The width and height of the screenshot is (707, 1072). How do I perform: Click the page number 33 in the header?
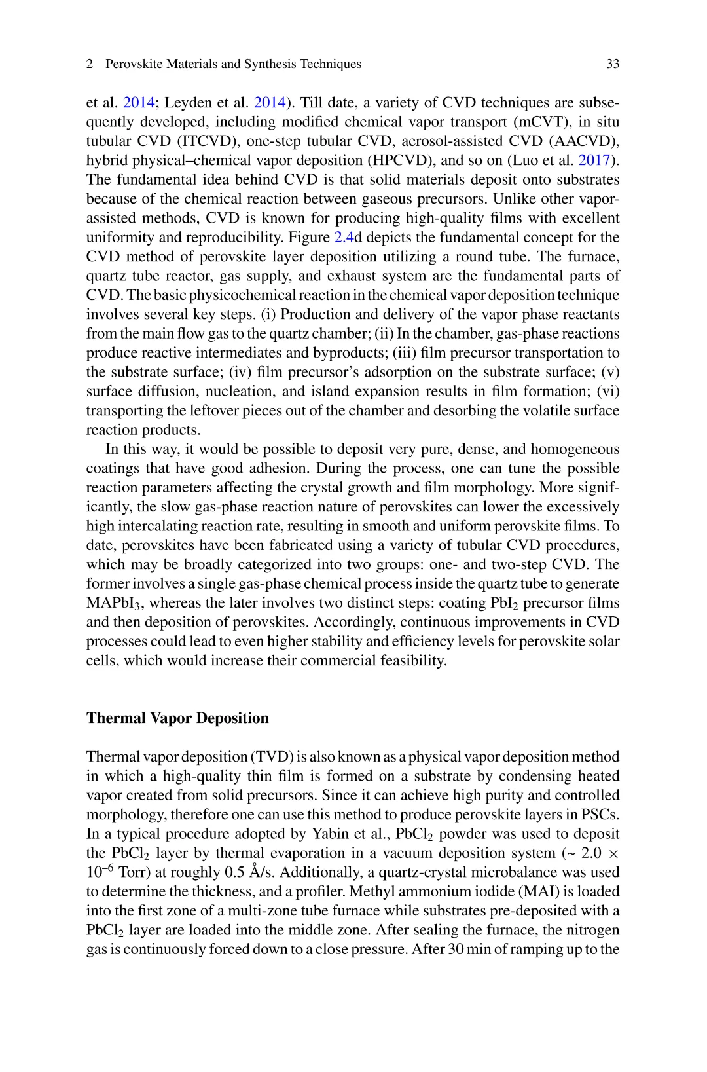pos(613,64)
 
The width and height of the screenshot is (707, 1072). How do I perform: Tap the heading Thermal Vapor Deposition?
pos(177,718)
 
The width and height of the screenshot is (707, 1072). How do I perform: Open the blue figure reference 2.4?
pos(344,237)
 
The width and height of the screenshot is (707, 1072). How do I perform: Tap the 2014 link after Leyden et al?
pos(270,103)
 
